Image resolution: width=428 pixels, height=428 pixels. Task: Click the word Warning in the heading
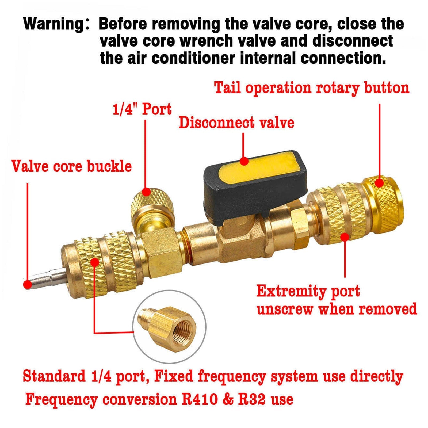pyautogui.click(x=53, y=24)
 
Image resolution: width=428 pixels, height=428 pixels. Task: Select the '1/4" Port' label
pyautogui.click(x=142, y=109)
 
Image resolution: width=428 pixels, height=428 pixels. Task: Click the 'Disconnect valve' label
pyautogui.click(x=236, y=123)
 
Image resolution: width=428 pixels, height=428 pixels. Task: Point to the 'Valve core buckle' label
pyautogui.click(x=72, y=166)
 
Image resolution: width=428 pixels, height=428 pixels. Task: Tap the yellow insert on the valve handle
pyautogui.click(x=257, y=167)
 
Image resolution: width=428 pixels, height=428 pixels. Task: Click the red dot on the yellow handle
pyautogui.click(x=244, y=161)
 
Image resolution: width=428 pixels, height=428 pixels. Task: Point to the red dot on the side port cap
pyautogui.click(x=146, y=192)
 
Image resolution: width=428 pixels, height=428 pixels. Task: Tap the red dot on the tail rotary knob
pyautogui.click(x=379, y=183)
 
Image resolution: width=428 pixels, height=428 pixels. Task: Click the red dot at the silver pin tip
pyautogui.click(x=27, y=284)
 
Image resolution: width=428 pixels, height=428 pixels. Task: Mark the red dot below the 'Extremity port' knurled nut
pyautogui.click(x=345, y=237)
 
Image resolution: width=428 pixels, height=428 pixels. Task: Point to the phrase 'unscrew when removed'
pyautogui.click(x=337, y=309)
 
